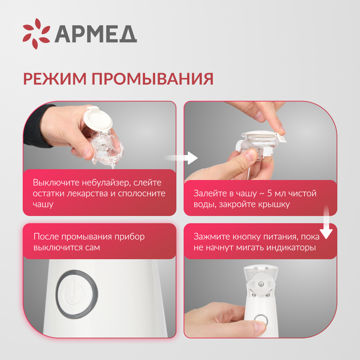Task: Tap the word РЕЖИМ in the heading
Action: pyautogui.click(x=54, y=79)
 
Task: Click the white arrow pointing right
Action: pyautogui.click(x=187, y=158)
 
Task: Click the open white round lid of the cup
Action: pyautogui.click(x=98, y=119)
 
